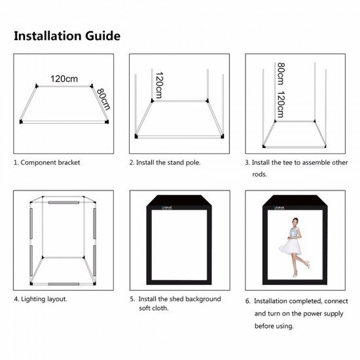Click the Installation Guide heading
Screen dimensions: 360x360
point(67,35)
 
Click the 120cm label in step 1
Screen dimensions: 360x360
point(64,79)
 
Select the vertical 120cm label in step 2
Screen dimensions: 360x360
point(158,84)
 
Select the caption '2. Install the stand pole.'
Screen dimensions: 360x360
point(164,162)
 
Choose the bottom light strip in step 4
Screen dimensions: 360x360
point(63,284)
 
